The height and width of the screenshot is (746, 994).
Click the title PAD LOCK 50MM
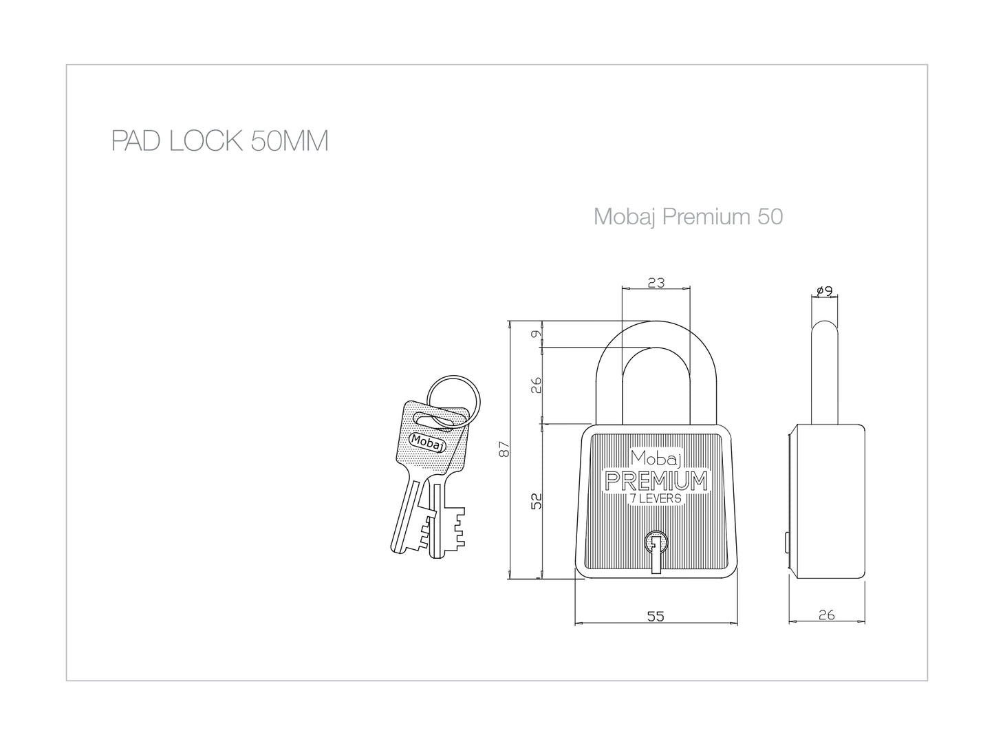219,141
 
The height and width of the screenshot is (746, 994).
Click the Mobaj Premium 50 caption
688,217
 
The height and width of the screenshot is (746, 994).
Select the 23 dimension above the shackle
656,283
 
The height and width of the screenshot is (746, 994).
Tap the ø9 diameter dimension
825,291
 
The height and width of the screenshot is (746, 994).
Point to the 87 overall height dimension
504,449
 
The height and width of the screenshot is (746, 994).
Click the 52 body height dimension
536,502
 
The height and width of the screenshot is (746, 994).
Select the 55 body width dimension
656,616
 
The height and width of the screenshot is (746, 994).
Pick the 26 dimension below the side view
826,615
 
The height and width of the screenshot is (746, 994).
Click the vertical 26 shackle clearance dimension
536,385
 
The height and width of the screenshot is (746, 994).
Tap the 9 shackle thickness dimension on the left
536,334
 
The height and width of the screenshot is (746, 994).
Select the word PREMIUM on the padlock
656,481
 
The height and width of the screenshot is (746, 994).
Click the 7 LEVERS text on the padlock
656,499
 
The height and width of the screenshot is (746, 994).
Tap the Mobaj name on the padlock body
656,459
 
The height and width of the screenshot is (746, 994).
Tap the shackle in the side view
824,372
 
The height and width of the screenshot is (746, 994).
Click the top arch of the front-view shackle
656,328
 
